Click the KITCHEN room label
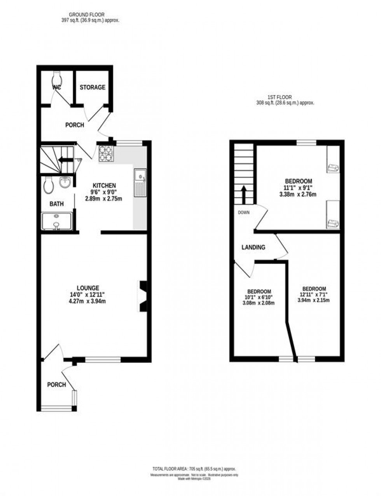[x=104, y=185]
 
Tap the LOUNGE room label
[x=88, y=288]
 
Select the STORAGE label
[x=93, y=87]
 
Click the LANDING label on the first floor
[x=253, y=247]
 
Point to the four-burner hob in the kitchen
[x=105, y=153]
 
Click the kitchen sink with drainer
[x=140, y=183]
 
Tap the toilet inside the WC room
[x=57, y=77]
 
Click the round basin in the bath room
[x=65, y=182]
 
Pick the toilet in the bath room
[x=48, y=185]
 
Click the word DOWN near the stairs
[x=244, y=212]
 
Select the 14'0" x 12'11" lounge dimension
[x=88, y=294]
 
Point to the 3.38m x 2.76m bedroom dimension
[x=297, y=194]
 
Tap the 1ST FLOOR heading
[x=280, y=97]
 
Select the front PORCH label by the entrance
[x=56, y=385]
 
